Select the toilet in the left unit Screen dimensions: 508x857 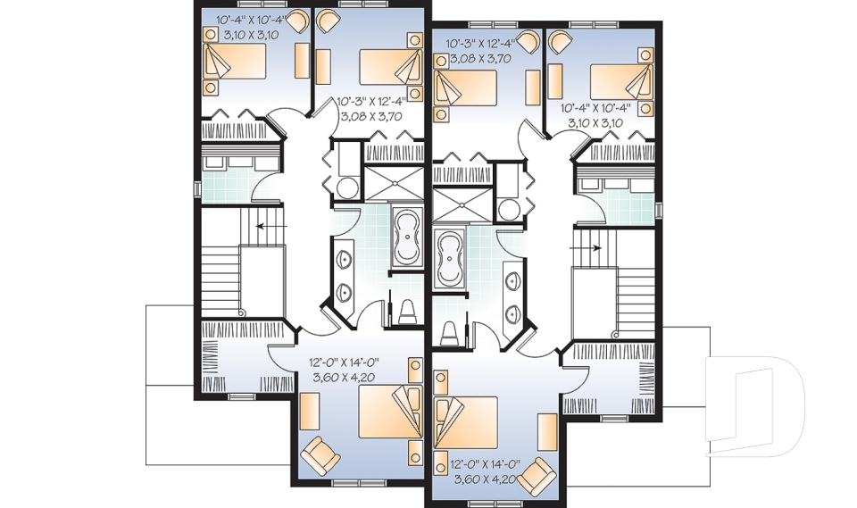coord(407,313)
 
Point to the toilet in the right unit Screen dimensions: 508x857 coord(449,333)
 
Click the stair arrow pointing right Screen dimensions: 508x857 coord(594,246)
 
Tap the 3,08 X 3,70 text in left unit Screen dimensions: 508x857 coord(371,116)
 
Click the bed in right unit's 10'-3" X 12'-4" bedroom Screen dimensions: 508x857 coord(466,88)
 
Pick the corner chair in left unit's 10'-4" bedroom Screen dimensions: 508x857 coord(212,35)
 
